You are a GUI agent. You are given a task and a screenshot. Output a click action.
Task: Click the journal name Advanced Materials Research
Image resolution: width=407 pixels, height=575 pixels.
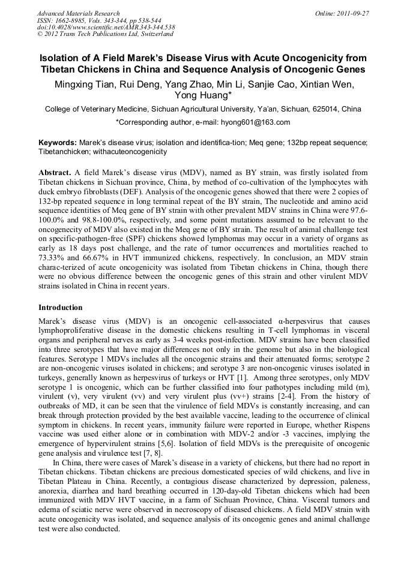coord(78,13)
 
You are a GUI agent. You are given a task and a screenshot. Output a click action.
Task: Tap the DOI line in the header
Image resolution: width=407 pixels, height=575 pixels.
coord(106,28)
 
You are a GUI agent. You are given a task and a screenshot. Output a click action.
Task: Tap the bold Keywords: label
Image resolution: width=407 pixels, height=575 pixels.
coord(58,143)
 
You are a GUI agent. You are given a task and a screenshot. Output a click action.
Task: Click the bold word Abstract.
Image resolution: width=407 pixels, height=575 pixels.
coord(56,171)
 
